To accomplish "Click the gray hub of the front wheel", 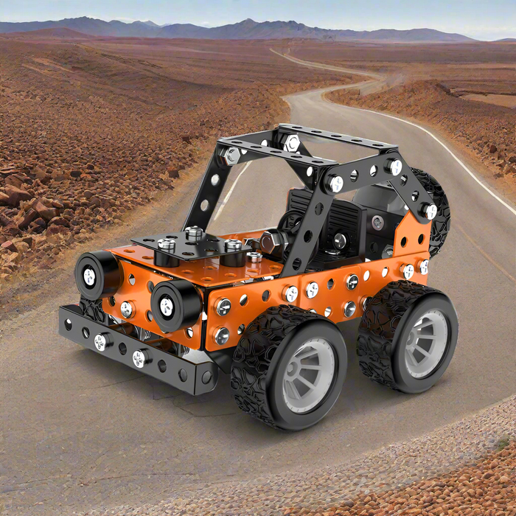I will click(x=308, y=374).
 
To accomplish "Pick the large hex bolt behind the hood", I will click(x=271, y=242).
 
